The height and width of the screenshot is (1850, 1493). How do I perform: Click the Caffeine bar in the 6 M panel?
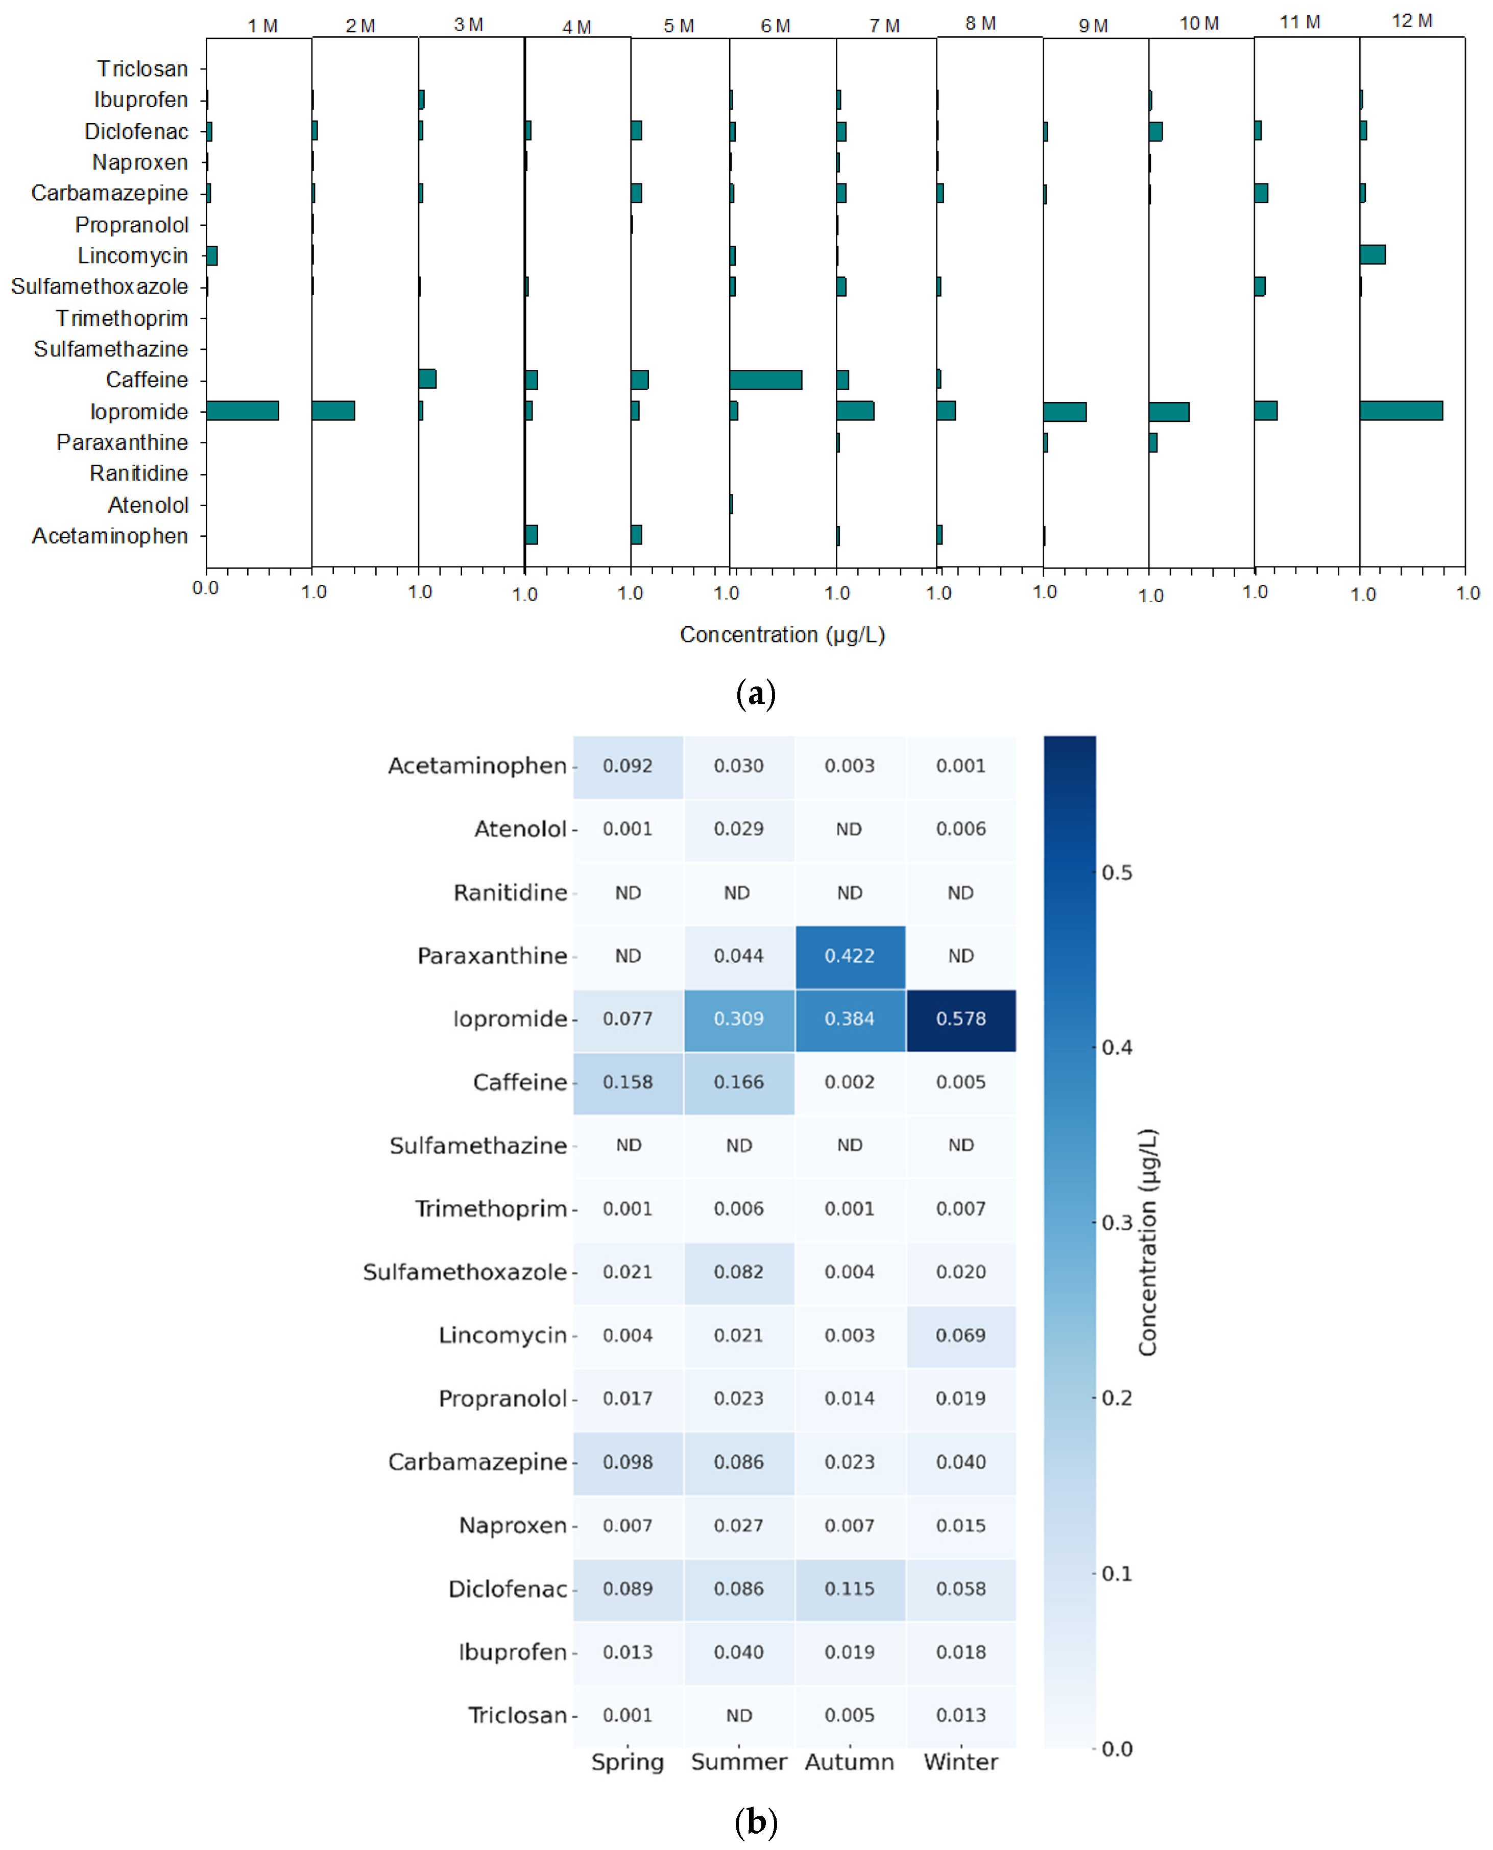coord(765,380)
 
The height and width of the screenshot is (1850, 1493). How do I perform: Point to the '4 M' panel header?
coord(577,27)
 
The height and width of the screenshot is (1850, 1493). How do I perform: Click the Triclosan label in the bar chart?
coord(142,69)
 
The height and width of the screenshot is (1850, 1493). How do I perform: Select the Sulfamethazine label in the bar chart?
coord(111,349)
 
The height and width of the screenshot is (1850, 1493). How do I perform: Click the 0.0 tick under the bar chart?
coord(206,588)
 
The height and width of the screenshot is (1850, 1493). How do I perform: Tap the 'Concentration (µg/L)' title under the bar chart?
coord(782,635)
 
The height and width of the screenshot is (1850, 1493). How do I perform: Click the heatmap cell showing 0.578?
coord(960,1019)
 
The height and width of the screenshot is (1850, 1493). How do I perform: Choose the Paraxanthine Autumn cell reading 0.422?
coord(850,956)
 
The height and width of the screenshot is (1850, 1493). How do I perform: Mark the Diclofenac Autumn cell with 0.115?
coord(850,1588)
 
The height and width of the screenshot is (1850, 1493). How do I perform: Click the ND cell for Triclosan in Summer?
coord(739,1715)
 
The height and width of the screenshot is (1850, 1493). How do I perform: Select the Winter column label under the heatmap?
coord(960,1762)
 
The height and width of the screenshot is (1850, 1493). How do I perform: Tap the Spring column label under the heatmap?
coord(628,1762)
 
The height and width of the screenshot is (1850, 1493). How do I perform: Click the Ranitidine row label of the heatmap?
coord(510,893)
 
